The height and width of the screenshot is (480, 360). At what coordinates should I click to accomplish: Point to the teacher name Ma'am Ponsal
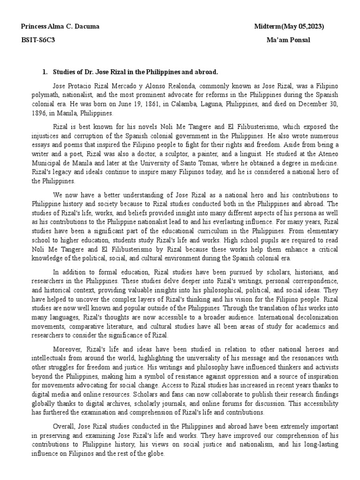288,40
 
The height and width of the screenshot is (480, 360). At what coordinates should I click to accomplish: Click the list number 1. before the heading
45,72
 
